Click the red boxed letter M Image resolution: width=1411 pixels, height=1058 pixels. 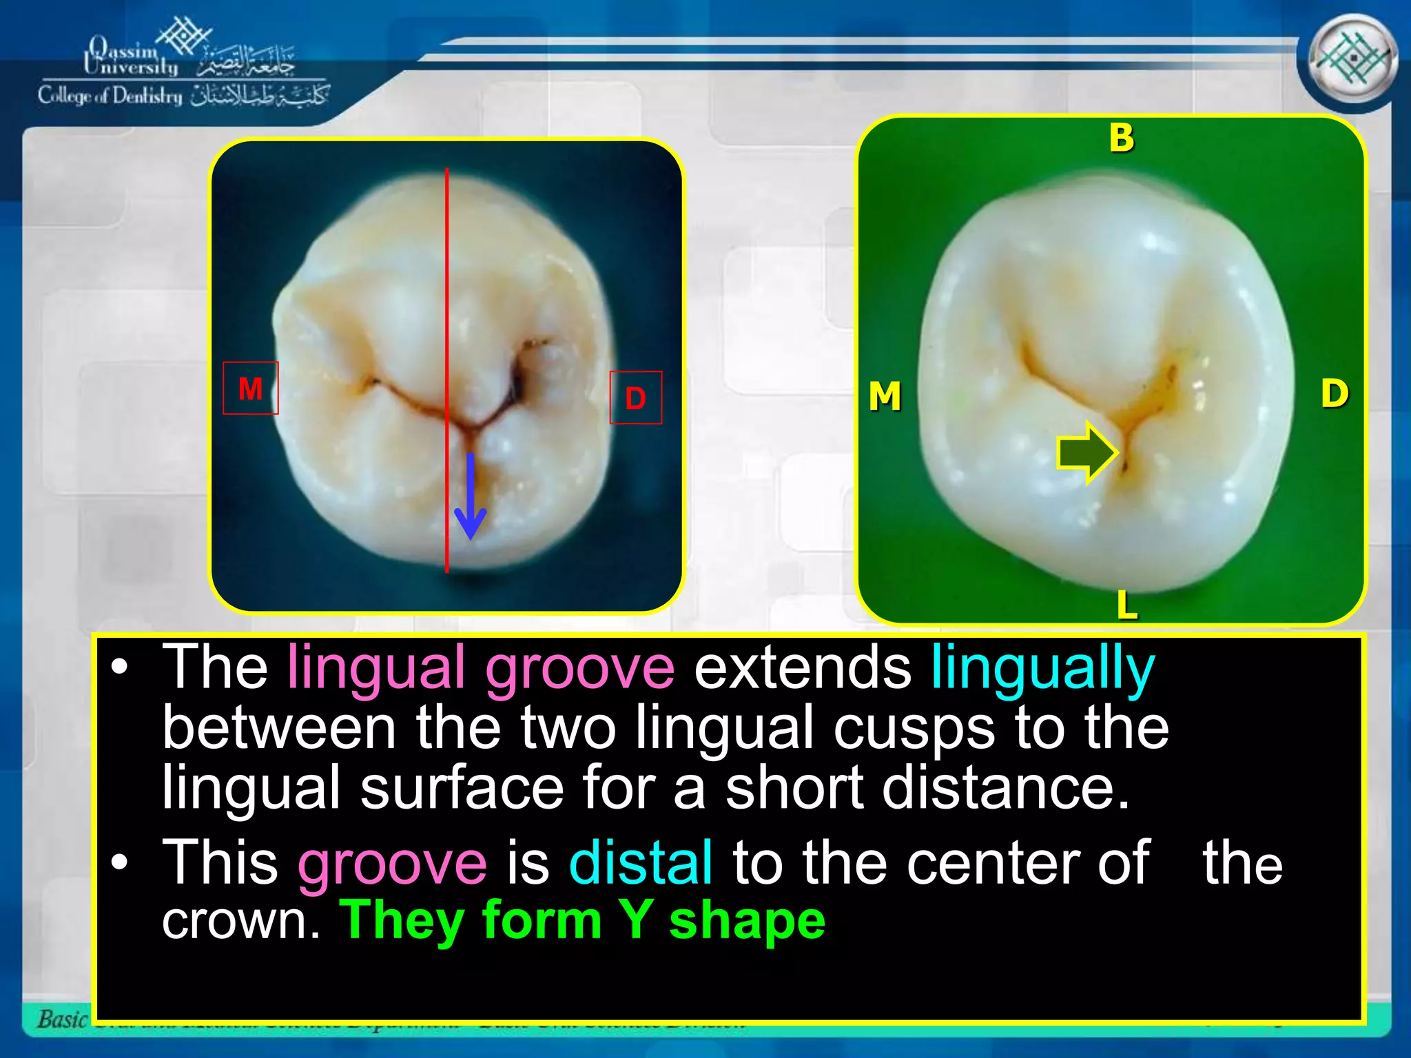click(251, 388)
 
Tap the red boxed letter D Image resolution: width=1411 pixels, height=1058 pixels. click(635, 398)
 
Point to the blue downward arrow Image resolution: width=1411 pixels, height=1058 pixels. click(471, 496)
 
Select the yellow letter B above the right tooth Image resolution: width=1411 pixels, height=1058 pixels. click(1122, 138)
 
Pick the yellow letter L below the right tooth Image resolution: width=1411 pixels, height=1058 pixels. click(1126, 605)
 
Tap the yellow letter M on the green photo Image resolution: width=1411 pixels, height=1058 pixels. click(885, 397)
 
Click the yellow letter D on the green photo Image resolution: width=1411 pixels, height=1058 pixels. click(1335, 394)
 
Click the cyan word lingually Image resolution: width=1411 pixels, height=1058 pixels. click(1042, 668)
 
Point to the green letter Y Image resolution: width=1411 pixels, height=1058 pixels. click(635, 920)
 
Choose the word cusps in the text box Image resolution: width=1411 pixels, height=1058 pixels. click(914, 729)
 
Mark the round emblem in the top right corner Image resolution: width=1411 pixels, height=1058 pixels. click(1352, 60)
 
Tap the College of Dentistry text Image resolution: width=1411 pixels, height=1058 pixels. click(110, 96)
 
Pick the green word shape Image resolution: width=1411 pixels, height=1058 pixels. click(747, 922)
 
